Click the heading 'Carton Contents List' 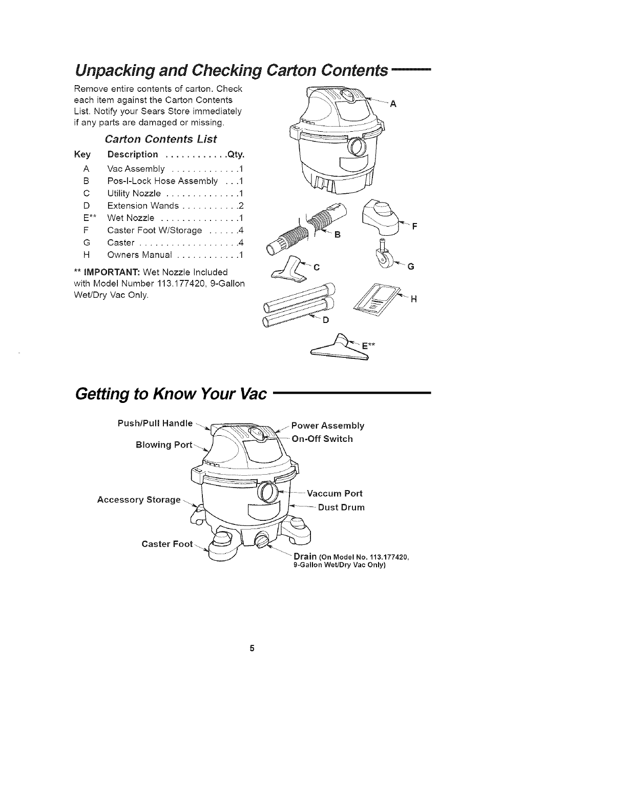click(x=161, y=139)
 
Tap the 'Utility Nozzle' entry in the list click(x=134, y=193)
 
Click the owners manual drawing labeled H click(x=379, y=297)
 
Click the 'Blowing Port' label click(x=163, y=445)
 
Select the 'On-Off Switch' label click(x=322, y=439)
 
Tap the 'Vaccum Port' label click(x=335, y=494)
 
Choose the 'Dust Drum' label click(x=341, y=507)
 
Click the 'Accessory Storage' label click(x=139, y=499)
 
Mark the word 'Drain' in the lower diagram click(x=304, y=557)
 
